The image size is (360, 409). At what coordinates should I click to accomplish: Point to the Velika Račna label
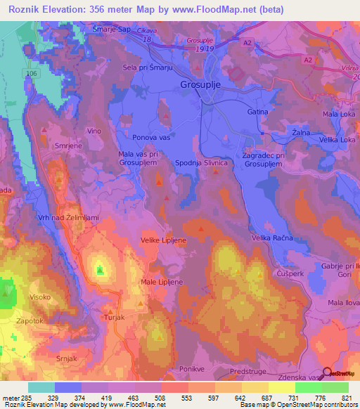coord(271,238)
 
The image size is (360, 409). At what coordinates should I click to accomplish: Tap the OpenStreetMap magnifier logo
coord(326,373)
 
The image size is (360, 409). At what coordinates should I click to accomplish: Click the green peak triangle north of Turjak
coord(100,268)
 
